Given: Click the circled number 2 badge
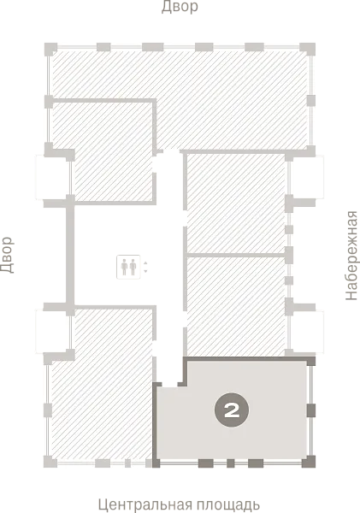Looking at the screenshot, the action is tap(232, 410).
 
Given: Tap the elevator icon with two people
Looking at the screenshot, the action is tap(128, 267).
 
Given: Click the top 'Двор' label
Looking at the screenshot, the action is tap(180, 7).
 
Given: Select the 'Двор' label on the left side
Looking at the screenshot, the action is tap(7, 255).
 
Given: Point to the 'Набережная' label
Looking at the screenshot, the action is tap(351, 256).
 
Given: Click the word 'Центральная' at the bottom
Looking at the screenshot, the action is tap(144, 504).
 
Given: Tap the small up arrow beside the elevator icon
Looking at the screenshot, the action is tap(145, 262).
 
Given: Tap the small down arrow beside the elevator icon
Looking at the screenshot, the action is tap(145, 271).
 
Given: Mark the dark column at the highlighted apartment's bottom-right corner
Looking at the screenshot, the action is tap(309, 462).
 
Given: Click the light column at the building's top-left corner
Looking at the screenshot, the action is tap(50, 49).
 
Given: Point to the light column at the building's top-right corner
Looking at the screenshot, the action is tap(307, 48).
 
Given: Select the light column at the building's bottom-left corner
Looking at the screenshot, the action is tap(50, 462).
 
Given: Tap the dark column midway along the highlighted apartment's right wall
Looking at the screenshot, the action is tap(311, 410).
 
